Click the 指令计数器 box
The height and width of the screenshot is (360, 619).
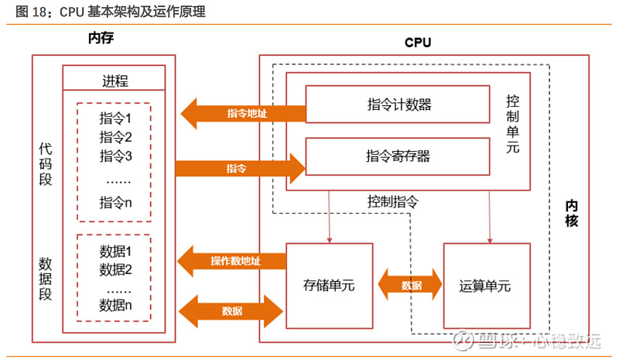coord(398,104)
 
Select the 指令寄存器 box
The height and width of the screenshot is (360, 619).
coord(398,156)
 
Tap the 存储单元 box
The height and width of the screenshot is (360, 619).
coord(329,285)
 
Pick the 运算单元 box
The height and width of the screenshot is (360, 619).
coord(487,285)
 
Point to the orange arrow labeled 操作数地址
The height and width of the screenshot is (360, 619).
coord(231,261)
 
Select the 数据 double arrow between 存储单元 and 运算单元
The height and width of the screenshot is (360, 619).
coord(410,285)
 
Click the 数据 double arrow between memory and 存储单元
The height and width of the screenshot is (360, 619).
coord(231,310)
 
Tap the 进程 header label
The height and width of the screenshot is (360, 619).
coord(115,81)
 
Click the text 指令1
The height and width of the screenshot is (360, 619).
coord(115,119)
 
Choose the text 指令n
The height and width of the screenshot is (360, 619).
coord(115,203)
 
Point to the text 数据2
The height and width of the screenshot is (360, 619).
coord(115,269)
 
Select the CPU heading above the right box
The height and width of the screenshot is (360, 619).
coord(418,43)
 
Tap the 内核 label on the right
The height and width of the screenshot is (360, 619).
coord(571,212)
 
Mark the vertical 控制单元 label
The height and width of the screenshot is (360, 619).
coord(513,127)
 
